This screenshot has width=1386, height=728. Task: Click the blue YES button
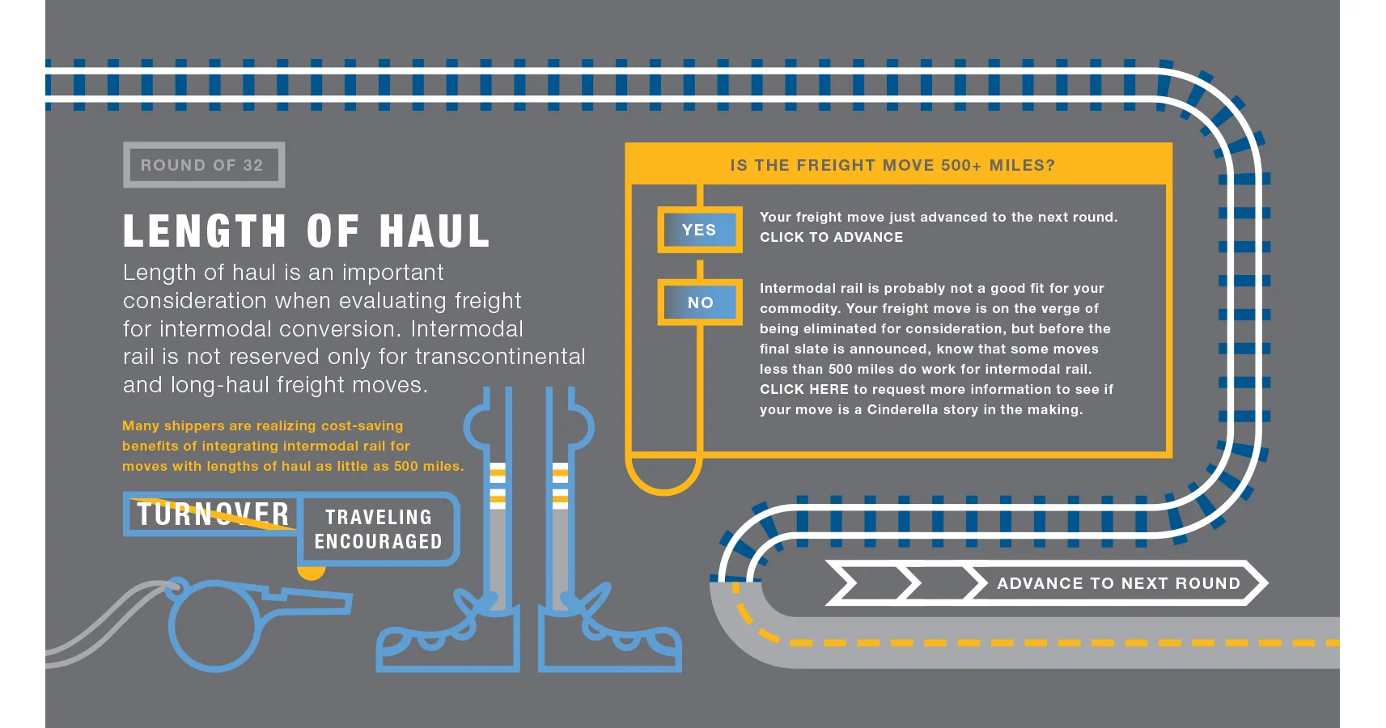pyautogui.click(x=700, y=230)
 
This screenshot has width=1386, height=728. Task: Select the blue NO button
pyautogui.click(x=700, y=303)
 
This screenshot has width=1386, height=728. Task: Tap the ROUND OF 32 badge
pyautogui.click(x=204, y=165)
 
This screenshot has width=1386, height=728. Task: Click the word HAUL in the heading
pyautogui.click(x=434, y=231)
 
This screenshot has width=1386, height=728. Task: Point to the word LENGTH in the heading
pyautogui.click(x=205, y=231)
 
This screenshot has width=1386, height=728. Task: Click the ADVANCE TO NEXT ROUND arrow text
pyautogui.click(x=1119, y=583)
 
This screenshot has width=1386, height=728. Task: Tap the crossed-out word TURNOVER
pyautogui.click(x=213, y=514)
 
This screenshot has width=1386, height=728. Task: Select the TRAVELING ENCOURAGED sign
pyautogui.click(x=378, y=529)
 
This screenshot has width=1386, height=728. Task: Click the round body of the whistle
pyautogui.click(x=214, y=625)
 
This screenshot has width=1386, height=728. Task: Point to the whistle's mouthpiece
pyautogui.click(x=309, y=601)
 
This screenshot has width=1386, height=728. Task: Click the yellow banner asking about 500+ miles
pyautogui.click(x=898, y=164)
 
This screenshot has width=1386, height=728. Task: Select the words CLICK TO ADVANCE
pyautogui.click(x=831, y=238)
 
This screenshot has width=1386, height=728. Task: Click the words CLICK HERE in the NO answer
pyautogui.click(x=803, y=390)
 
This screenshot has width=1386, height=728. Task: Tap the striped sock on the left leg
pyautogui.click(x=498, y=485)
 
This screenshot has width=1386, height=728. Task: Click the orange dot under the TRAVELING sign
pyautogui.click(x=312, y=572)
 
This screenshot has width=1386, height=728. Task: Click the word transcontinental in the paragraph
pyautogui.click(x=500, y=357)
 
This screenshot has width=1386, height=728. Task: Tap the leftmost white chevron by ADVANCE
pyautogui.click(x=842, y=582)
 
